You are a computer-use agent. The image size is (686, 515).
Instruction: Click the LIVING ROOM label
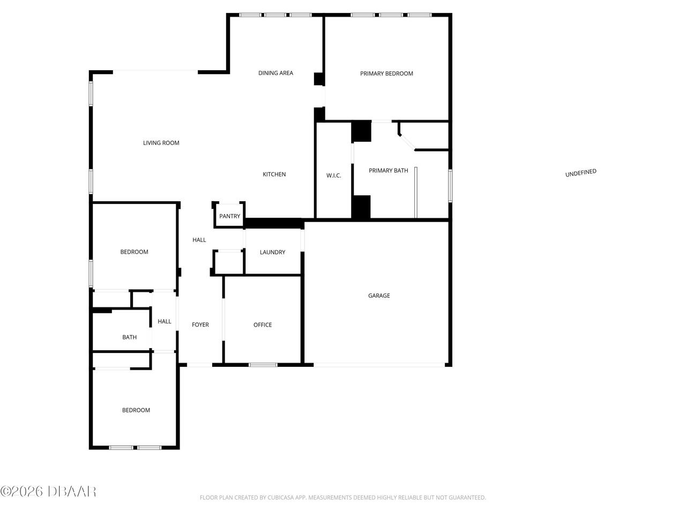161,143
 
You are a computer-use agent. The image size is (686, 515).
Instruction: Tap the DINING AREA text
275,73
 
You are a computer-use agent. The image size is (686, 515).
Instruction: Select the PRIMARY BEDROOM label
386,73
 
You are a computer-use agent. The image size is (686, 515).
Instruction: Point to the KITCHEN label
274,174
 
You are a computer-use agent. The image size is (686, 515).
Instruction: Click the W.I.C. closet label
333,175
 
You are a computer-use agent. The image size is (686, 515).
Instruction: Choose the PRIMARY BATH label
388,171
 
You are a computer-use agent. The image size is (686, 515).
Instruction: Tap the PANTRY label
229,216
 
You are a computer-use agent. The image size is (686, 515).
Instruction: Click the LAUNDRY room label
272,252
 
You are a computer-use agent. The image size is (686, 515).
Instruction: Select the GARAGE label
379,296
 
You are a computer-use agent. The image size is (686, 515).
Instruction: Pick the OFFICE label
263,325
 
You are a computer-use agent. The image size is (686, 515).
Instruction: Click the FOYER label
200,325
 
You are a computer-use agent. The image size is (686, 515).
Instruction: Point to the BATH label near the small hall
129,337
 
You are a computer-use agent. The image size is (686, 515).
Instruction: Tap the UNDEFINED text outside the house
580,173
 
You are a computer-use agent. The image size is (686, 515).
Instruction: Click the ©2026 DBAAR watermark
48,491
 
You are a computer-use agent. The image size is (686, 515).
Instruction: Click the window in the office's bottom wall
263,365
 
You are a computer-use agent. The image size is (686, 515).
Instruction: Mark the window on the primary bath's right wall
450,186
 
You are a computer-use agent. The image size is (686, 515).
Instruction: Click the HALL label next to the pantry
199,240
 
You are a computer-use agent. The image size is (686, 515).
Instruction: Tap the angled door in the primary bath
407,142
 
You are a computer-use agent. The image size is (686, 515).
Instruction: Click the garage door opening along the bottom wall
379,365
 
